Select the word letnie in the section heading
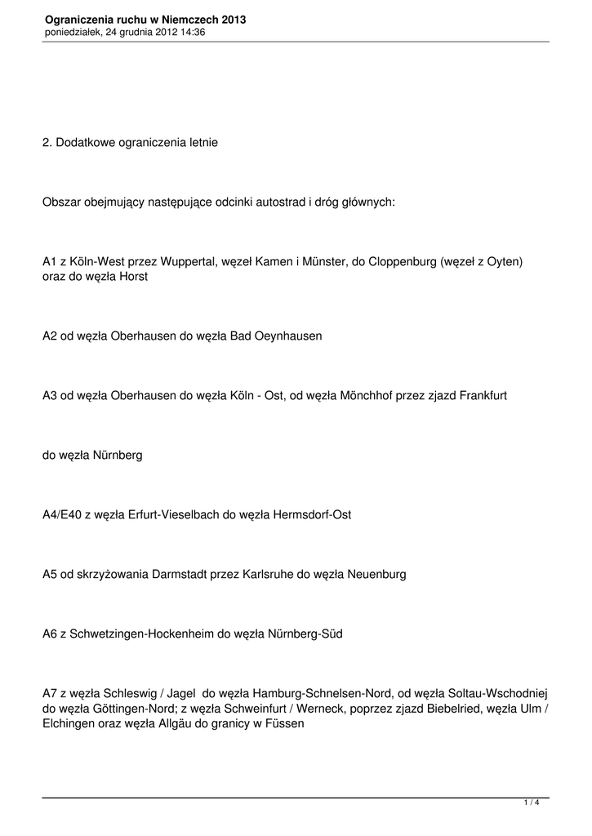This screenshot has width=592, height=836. (x=202, y=142)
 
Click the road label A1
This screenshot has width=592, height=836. (x=50, y=262)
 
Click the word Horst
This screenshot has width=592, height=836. (x=134, y=277)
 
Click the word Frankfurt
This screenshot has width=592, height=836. (x=483, y=394)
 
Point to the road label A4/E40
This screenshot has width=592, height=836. (x=62, y=514)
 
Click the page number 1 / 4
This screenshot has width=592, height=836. (x=532, y=803)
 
